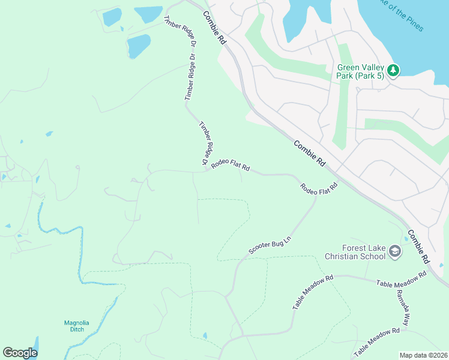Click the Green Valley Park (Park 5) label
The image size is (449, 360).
[360, 71]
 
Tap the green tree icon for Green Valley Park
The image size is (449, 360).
[393, 71]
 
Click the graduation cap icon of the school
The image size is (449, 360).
[394, 251]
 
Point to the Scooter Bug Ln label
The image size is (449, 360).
[270, 246]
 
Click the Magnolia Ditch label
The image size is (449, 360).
[77, 326]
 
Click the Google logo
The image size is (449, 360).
[20, 353]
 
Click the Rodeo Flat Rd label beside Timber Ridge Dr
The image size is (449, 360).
[230, 164]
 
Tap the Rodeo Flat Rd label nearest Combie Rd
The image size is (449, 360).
[319, 187]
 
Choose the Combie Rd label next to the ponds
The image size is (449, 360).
[214, 28]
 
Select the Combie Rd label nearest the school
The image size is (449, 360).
[419, 246]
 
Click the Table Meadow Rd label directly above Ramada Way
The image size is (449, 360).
[401, 278]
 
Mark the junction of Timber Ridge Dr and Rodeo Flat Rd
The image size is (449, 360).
[207, 170]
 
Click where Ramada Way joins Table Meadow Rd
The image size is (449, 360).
[394, 283]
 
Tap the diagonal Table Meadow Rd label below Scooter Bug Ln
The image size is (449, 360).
[313, 293]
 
